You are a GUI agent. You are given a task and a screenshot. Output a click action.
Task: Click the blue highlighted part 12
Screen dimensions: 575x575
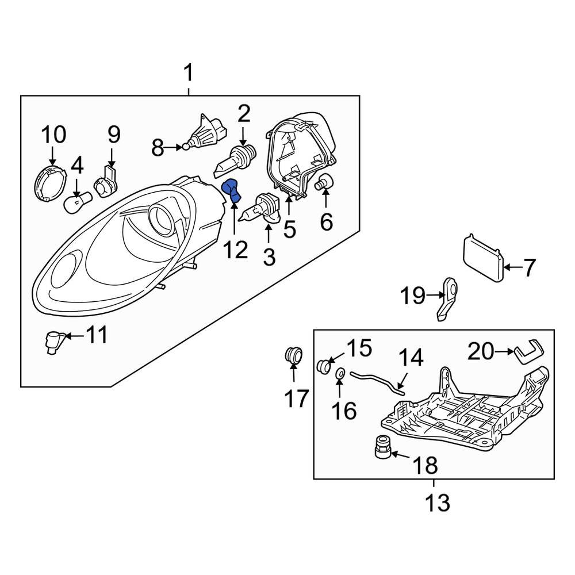[x=231, y=190]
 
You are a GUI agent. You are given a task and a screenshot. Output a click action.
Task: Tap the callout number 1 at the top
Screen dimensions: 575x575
[x=189, y=74]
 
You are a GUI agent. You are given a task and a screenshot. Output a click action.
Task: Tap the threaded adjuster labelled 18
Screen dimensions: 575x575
[x=382, y=447]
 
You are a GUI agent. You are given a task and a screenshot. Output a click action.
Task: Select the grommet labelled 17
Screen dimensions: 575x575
[x=294, y=354]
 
